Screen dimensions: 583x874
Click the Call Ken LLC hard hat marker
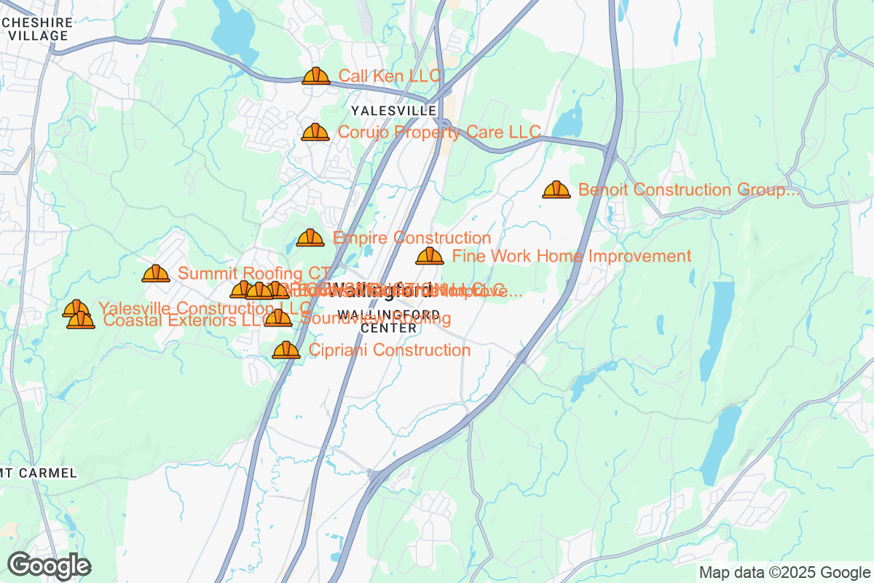(x=315, y=76)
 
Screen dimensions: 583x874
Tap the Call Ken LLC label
(x=390, y=76)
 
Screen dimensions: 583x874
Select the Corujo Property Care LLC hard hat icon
(x=315, y=132)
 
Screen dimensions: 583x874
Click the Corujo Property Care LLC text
(x=439, y=132)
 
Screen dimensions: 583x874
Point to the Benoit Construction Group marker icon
(x=556, y=189)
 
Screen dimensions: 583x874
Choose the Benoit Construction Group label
(x=688, y=189)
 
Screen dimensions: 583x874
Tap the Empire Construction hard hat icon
(x=310, y=238)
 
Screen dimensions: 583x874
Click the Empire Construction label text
(x=412, y=238)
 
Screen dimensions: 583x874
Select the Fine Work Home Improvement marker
(x=430, y=256)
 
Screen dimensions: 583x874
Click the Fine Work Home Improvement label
(x=571, y=256)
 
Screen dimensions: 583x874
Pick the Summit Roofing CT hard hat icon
(x=156, y=273)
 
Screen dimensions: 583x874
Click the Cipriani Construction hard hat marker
(x=286, y=350)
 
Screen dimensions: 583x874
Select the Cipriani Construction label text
(x=390, y=350)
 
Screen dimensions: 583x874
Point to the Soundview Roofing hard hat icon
(x=278, y=318)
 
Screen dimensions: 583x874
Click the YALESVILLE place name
(x=393, y=111)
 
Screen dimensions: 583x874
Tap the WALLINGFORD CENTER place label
(x=399, y=321)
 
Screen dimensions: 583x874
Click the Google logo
(x=50, y=566)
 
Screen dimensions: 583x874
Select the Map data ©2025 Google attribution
(x=784, y=572)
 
